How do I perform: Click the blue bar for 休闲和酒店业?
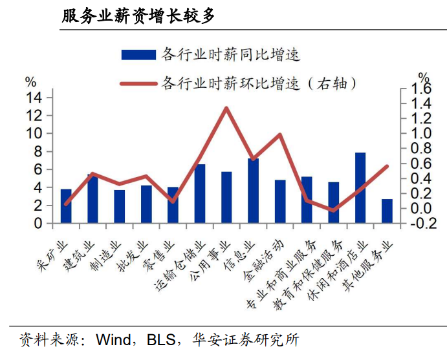click(360, 187)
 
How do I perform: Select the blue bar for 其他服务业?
click(387, 211)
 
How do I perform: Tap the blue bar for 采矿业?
click(66, 206)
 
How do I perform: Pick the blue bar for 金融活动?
click(280, 202)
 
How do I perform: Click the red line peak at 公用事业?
click(226, 108)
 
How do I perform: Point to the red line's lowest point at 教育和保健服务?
click(334, 211)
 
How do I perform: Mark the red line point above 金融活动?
click(280, 134)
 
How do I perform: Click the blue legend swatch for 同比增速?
click(138, 55)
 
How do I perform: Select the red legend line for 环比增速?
click(138, 84)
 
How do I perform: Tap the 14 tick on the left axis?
click(34, 98)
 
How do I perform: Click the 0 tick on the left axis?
click(38, 224)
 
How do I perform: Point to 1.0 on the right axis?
click(421, 133)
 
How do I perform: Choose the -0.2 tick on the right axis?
click(422, 224)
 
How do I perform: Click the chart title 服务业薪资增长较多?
click(138, 16)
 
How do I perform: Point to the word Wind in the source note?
click(113, 339)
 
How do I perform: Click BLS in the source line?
click(161, 339)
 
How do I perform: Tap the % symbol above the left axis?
click(31, 82)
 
